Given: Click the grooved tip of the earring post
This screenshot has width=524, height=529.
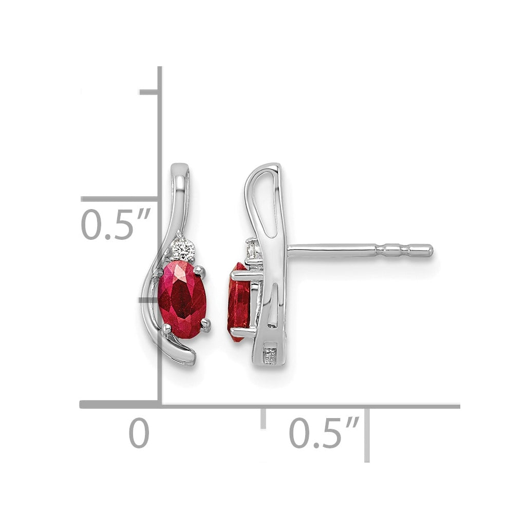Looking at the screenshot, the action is (x=404, y=250).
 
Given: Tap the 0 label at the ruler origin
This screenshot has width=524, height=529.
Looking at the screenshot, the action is (x=139, y=432).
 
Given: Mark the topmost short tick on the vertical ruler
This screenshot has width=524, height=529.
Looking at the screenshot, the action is (x=149, y=92).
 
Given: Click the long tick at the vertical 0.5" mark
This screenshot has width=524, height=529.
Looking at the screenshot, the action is (x=120, y=199).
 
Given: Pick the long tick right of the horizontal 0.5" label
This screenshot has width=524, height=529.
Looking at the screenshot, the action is (x=367, y=435).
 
